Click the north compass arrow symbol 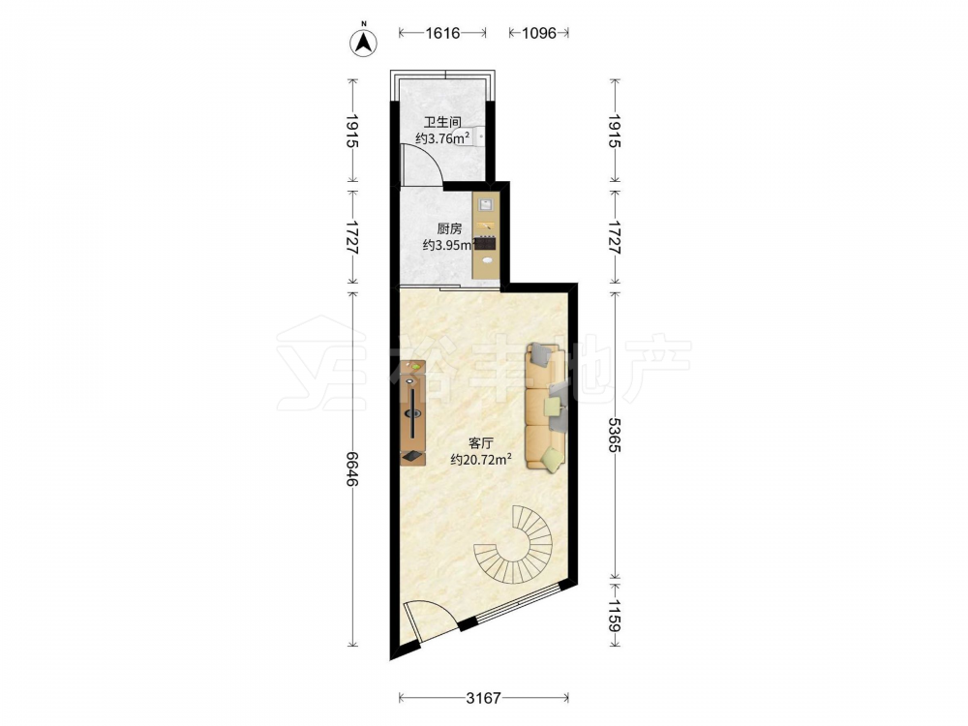pos(364,42)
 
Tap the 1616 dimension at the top pos(442,33)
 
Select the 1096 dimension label pos(539,33)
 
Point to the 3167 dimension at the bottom pos(483,698)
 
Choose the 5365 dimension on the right pos(614,435)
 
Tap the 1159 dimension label pos(614,616)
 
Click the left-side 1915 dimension pos(352,131)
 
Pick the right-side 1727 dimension pos(614,237)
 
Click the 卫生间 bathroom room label pos(442,122)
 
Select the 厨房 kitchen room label pos(449,228)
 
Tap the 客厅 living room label pos(481,443)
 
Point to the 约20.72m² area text pos(481,460)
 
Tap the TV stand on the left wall pos(412,412)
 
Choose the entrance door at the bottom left pos(432,620)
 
